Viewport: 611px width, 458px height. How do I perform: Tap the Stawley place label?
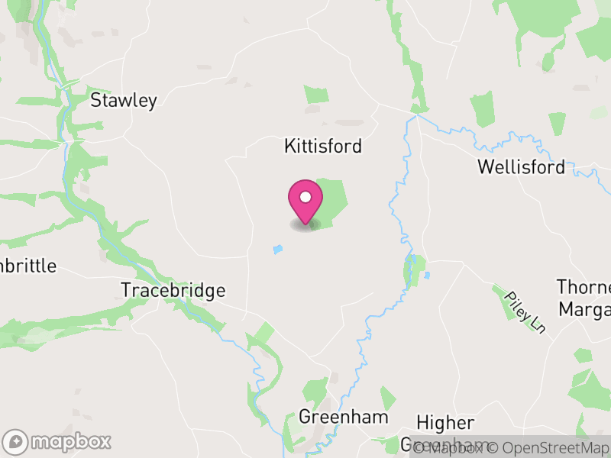(123, 101)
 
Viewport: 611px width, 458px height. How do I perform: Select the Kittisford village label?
(322, 146)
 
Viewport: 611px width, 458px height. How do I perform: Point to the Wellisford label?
(521, 167)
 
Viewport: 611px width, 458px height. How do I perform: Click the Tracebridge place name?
(173, 291)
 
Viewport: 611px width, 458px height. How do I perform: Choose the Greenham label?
(343, 418)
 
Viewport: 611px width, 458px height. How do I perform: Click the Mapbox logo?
(58, 441)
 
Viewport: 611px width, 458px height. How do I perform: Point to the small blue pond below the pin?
(278, 250)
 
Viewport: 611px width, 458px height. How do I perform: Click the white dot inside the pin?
(305, 197)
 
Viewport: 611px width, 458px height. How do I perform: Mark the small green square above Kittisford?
(316, 95)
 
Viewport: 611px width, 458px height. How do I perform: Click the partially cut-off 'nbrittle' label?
(28, 266)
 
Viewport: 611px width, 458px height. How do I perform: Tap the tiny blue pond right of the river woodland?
(426, 275)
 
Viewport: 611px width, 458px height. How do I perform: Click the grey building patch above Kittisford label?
(349, 122)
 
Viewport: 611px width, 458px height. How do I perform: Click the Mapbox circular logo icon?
(15, 441)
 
